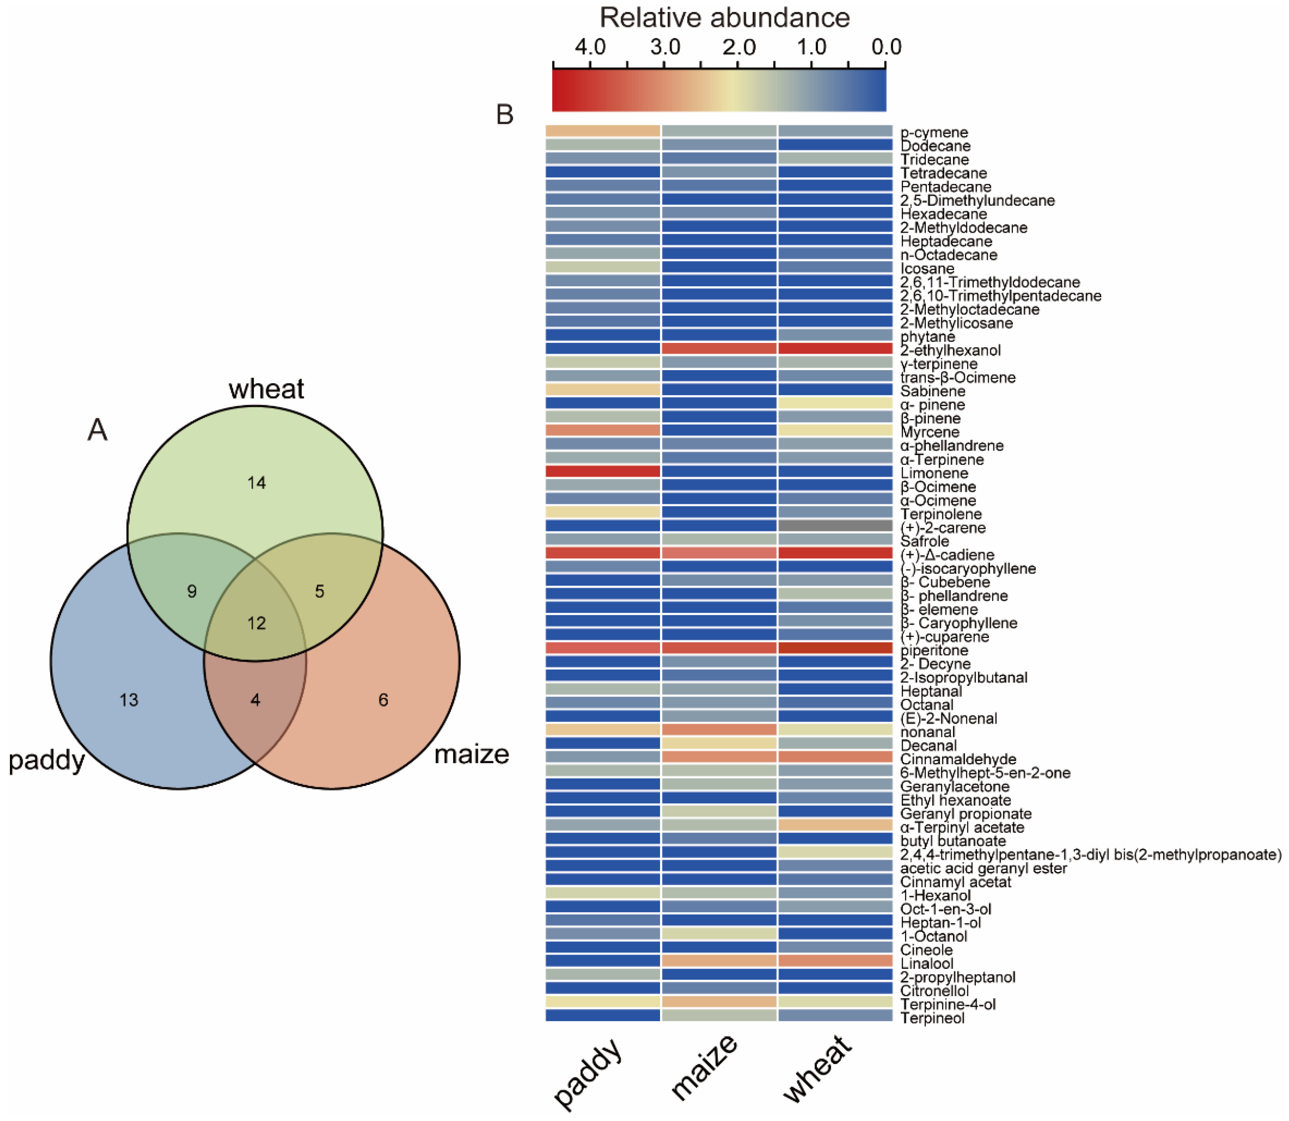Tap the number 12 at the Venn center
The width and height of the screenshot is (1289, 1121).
(257, 623)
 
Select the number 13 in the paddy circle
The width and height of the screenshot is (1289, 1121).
(129, 700)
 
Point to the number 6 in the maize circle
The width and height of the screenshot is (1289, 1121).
(384, 700)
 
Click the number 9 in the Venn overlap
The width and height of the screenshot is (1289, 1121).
(192, 591)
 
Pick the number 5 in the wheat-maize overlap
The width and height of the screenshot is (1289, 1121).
(320, 591)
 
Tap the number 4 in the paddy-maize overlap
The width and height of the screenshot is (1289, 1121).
(255, 700)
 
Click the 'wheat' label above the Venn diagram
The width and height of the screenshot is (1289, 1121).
(267, 389)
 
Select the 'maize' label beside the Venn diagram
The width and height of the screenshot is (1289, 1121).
(472, 755)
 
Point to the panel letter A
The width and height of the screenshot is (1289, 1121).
(97, 430)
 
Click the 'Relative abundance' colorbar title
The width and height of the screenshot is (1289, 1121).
(724, 18)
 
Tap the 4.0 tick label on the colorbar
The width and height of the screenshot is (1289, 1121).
(590, 47)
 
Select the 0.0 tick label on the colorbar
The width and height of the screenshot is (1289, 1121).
(886, 47)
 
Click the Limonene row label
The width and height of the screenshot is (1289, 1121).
(934, 473)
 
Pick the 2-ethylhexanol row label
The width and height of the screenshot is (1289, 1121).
(950, 351)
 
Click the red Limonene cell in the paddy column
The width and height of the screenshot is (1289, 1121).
(602, 471)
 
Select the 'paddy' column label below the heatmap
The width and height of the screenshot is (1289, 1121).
(588, 1071)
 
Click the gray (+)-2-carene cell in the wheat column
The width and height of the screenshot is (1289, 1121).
(835, 525)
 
